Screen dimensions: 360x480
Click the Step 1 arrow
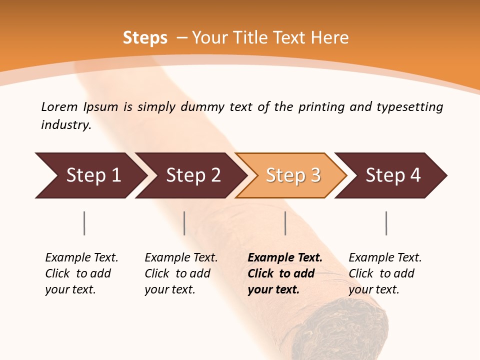[x=90, y=175]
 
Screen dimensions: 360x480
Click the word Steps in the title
[x=145, y=38]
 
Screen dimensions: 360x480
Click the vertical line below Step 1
[x=84, y=223]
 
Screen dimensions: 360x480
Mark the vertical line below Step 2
[x=184, y=223]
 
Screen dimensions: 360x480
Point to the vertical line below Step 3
[x=285, y=223]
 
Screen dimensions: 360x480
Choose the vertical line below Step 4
[x=386, y=223]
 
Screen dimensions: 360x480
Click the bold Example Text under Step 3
[x=285, y=258]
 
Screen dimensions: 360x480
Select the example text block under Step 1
[x=81, y=273]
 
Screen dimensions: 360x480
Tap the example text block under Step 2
[x=181, y=273]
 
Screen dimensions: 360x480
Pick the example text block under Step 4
[x=385, y=273]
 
